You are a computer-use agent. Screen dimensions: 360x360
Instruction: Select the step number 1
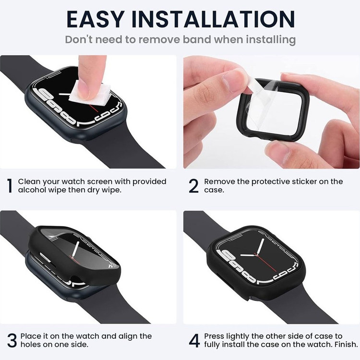coord(10,186)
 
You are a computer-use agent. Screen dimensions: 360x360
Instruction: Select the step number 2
coord(194,186)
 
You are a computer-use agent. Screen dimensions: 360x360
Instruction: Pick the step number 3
coord(12,340)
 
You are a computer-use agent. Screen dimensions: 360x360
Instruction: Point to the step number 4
coord(194,340)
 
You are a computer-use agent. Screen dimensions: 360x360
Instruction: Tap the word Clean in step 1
coord(29,181)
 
